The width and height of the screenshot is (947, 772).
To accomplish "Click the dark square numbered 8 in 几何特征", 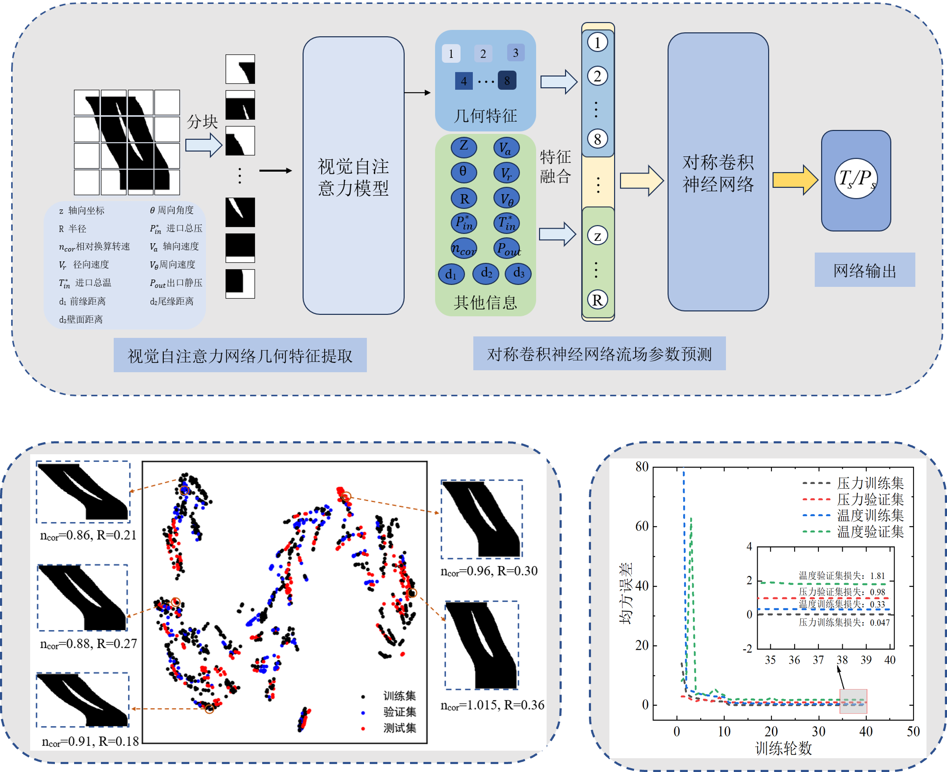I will [x=507, y=80].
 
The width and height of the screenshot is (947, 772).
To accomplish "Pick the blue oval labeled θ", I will [x=464, y=172].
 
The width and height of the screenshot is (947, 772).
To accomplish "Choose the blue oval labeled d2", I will [x=486, y=273].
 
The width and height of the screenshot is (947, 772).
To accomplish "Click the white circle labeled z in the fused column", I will [x=597, y=236].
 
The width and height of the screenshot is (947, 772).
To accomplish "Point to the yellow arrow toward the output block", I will [x=795, y=180].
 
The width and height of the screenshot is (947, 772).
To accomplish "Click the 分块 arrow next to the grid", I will [x=203, y=145].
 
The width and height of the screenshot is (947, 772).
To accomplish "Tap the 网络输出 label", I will [x=864, y=270].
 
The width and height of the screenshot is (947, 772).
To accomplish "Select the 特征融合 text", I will [x=555, y=167].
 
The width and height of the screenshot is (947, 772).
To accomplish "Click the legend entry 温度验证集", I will [x=870, y=531].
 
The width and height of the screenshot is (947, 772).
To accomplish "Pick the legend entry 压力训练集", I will [x=870, y=483].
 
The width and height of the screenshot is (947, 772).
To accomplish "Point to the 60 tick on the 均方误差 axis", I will [x=642, y=527].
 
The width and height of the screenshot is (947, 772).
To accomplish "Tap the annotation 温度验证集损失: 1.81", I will [x=841, y=576].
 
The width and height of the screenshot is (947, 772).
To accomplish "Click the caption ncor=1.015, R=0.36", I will [x=492, y=705].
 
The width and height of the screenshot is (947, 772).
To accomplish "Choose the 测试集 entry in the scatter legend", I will [x=400, y=728].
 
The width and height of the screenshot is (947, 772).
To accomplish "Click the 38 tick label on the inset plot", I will [x=842, y=660].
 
